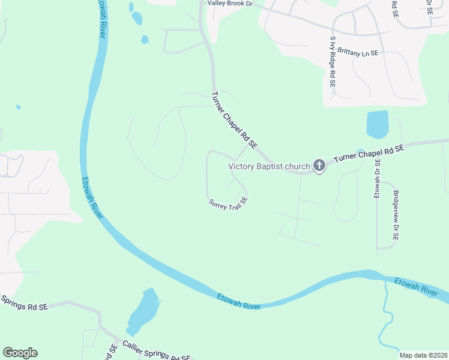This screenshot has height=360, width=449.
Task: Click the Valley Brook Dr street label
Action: [231, 3]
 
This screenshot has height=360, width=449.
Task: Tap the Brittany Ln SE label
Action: [358, 53]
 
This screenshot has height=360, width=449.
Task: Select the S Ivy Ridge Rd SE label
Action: [332, 62]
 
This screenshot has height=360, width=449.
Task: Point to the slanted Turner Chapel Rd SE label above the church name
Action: [235, 120]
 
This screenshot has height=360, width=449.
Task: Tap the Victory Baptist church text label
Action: [268, 166]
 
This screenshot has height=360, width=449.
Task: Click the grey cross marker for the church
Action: [319, 166]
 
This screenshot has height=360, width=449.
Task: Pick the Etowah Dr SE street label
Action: [378, 179]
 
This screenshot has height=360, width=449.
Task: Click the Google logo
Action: [20, 353]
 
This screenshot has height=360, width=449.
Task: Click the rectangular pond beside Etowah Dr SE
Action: [377, 124]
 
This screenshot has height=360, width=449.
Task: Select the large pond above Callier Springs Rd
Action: [143, 310]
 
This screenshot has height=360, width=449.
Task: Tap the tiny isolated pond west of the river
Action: [19, 107]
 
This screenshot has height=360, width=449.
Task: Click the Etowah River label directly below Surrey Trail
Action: [238, 301]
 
